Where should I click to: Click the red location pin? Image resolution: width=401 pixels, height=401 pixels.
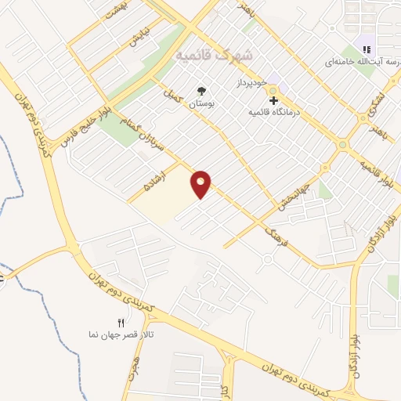pyautogui.click(x=201, y=183)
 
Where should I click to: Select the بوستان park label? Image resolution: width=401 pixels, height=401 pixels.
pyautogui.click(x=203, y=103)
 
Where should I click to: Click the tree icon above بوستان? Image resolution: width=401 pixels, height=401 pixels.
pyautogui.click(x=203, y=91)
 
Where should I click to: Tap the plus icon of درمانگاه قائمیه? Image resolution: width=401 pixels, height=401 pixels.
pyautogui.click(x=273, y=99)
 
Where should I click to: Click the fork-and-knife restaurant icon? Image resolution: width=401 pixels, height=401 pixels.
pyautogui.click(x=120, y=322)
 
